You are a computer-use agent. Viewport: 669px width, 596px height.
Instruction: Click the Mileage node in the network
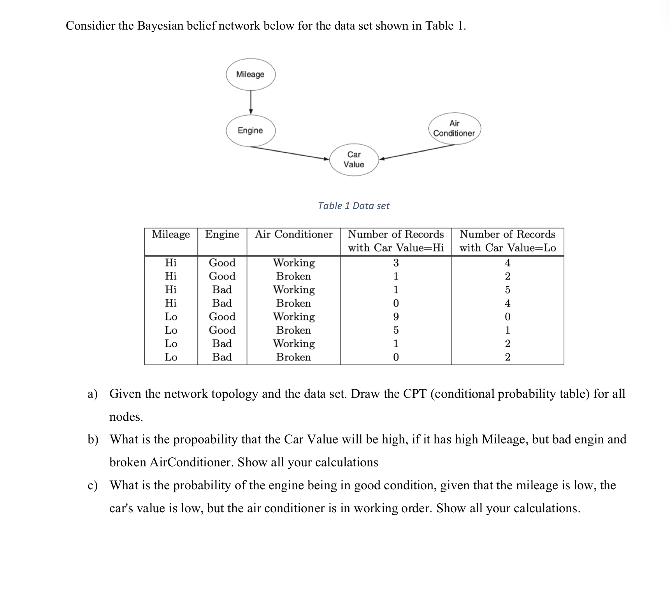250,74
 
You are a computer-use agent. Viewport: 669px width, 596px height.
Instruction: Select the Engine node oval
250,130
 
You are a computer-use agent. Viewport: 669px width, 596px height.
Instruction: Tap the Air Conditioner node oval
454,128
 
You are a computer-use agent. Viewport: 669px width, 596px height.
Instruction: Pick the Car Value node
354,160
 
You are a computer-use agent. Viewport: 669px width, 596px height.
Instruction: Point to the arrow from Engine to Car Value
290,153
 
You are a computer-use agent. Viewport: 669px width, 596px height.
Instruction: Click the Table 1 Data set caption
353,206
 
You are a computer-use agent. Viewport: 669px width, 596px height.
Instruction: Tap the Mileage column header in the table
171,234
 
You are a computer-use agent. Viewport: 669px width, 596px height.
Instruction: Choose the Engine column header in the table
222,234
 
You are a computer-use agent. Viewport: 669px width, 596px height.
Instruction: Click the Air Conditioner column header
294,234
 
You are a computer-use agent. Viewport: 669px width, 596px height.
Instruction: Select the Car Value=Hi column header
396,241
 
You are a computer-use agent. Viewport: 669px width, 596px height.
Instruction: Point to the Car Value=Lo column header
507,241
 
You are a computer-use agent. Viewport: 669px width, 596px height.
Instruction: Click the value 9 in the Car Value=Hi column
396,317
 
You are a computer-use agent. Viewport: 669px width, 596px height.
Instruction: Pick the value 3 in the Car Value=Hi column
396,263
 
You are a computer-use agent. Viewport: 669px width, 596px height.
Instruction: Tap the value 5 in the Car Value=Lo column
507,290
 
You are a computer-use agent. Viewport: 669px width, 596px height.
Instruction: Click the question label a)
92,394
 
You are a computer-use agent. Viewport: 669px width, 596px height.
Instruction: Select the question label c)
92,485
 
